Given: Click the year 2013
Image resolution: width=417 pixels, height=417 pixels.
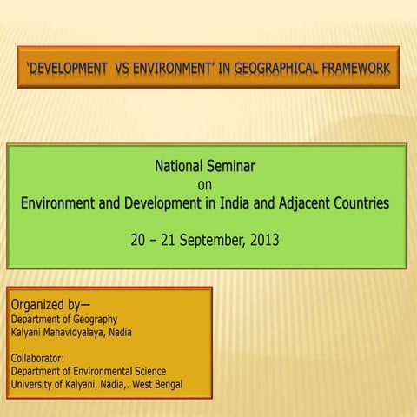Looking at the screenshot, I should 263,237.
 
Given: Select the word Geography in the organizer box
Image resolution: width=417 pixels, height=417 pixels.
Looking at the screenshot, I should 92,320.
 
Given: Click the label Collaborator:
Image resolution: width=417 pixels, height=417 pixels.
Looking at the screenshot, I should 38,358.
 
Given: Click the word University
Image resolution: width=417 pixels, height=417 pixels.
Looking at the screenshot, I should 32,384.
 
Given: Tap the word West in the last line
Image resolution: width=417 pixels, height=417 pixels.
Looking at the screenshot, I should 136,384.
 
